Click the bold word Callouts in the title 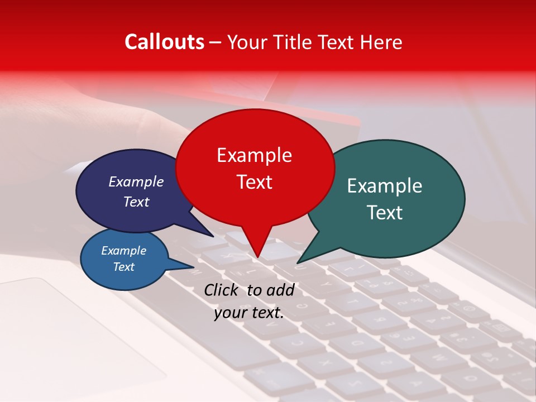(164, 42)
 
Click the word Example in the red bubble (255, 155)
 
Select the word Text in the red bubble (255, 182)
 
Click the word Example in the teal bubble (385, 186)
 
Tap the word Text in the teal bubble (385, 213)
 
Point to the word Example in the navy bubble (136, 181)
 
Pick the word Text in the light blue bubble (124, 267)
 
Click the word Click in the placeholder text (222, 290)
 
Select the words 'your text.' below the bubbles (249, 313)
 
